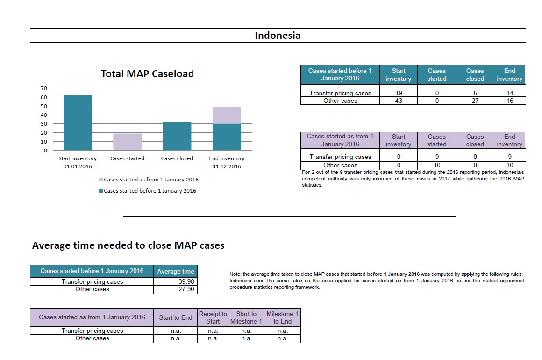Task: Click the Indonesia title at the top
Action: coord(278,36)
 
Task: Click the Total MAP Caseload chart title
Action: coord(147,74)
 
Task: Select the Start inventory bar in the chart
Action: coord(78,123)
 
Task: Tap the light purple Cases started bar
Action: coord(127,142)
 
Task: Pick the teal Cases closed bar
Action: coord(177,136)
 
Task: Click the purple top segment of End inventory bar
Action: coord(227,115)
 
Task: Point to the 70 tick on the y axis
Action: coord(44,88)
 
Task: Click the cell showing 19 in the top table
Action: coord(399,93)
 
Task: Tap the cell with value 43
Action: coord(399,101)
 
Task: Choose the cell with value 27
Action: coord(475,101)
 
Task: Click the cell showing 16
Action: coord(509,101)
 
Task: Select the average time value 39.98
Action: coord(186,281)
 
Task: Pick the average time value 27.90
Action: coord(186,289)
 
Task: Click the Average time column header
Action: coord(176,271)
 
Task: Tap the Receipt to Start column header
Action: coord(213,317)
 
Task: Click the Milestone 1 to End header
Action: coord(282,317)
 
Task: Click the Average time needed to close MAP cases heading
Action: coord(128,245)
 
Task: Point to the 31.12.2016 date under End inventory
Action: coord(227,167)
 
